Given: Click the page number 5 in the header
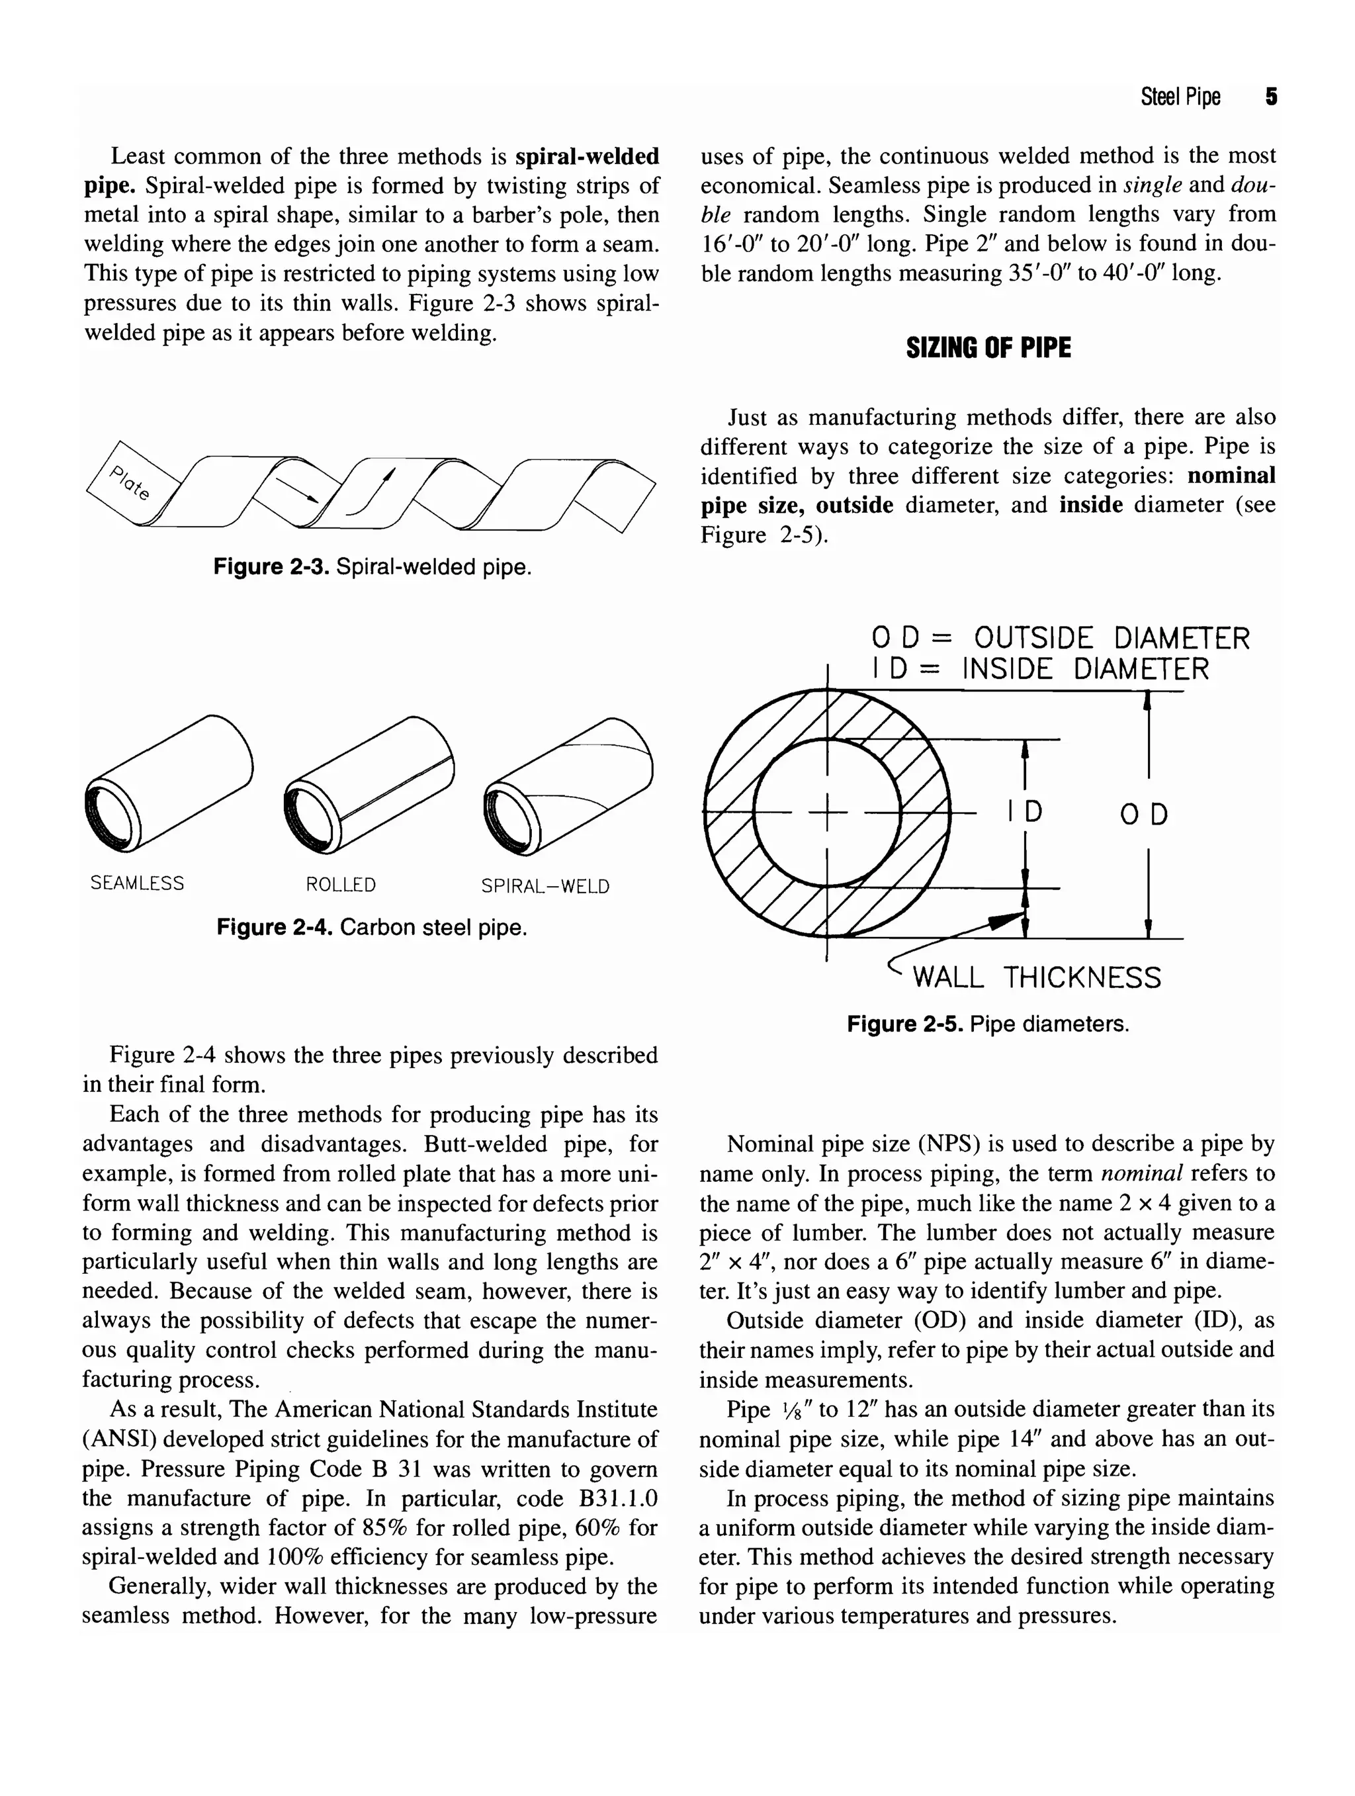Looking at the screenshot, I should point(1270,97).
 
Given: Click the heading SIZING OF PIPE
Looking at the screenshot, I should point(988,348).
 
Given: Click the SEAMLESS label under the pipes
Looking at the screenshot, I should point(137,883).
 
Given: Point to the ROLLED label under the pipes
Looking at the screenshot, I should point(340,885).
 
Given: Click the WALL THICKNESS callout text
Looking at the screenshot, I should point(1037,977).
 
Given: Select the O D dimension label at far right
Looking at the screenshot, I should point(1144,815).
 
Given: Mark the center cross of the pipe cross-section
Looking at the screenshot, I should point(827,813).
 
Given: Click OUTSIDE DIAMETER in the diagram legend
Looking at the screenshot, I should point(1112,639).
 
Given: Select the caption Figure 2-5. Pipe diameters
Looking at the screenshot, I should point(987,1024).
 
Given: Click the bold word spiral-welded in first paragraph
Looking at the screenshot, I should point(587,156).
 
